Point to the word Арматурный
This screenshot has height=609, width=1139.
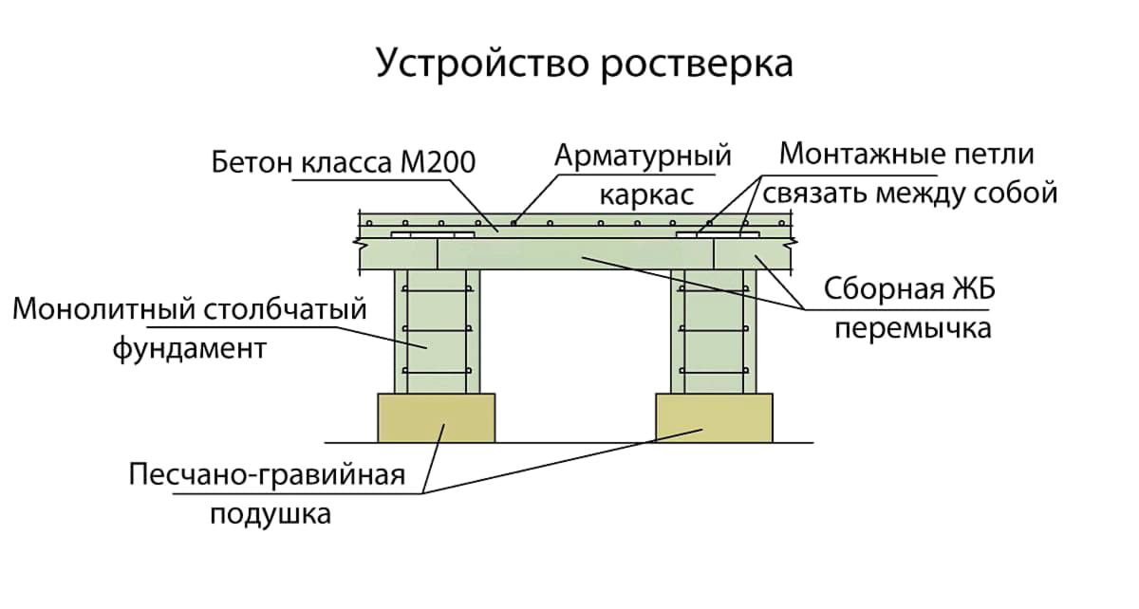point(643,156)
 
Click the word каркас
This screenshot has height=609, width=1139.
point(644,195)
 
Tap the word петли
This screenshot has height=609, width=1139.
point(995,154)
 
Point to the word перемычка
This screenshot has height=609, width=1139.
point(912,328)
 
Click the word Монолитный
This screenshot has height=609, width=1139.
point(105,309)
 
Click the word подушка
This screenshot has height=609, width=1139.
point(271,515)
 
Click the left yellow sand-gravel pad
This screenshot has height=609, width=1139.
point(436,418)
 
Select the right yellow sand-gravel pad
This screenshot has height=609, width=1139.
point(714,418)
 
